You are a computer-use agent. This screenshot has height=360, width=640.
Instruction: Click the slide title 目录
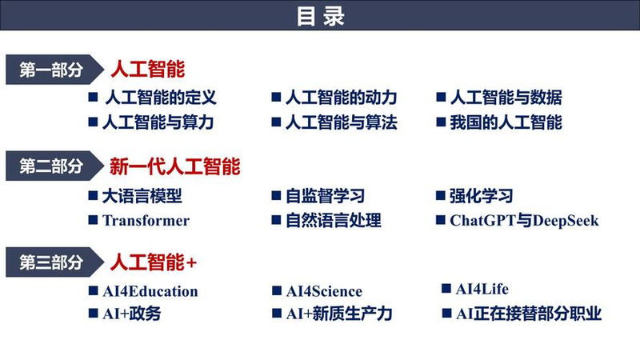click(320, 16)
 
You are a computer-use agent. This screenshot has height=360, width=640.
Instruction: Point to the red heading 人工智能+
click(153, 262)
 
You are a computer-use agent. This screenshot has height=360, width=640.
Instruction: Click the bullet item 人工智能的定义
click(161, 98)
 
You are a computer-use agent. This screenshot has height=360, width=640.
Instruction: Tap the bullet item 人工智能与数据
click(506, 98)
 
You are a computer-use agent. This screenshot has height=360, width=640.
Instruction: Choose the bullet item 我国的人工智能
click(506, 122)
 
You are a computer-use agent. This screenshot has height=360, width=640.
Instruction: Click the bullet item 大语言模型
click(142, 196)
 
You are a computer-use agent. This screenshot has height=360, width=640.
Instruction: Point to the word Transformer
click(146, 220)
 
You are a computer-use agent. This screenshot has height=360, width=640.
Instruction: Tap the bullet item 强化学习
click(482, 196)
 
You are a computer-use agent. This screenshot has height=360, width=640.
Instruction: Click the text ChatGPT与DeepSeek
click(524, 220)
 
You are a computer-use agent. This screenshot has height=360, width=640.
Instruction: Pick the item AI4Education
click(150, 291)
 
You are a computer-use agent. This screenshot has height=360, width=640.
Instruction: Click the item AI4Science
click(324, 291)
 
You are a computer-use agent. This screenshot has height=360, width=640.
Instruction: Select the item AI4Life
click(482, 289)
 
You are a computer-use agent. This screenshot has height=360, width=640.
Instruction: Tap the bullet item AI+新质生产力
click(339, 314)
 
